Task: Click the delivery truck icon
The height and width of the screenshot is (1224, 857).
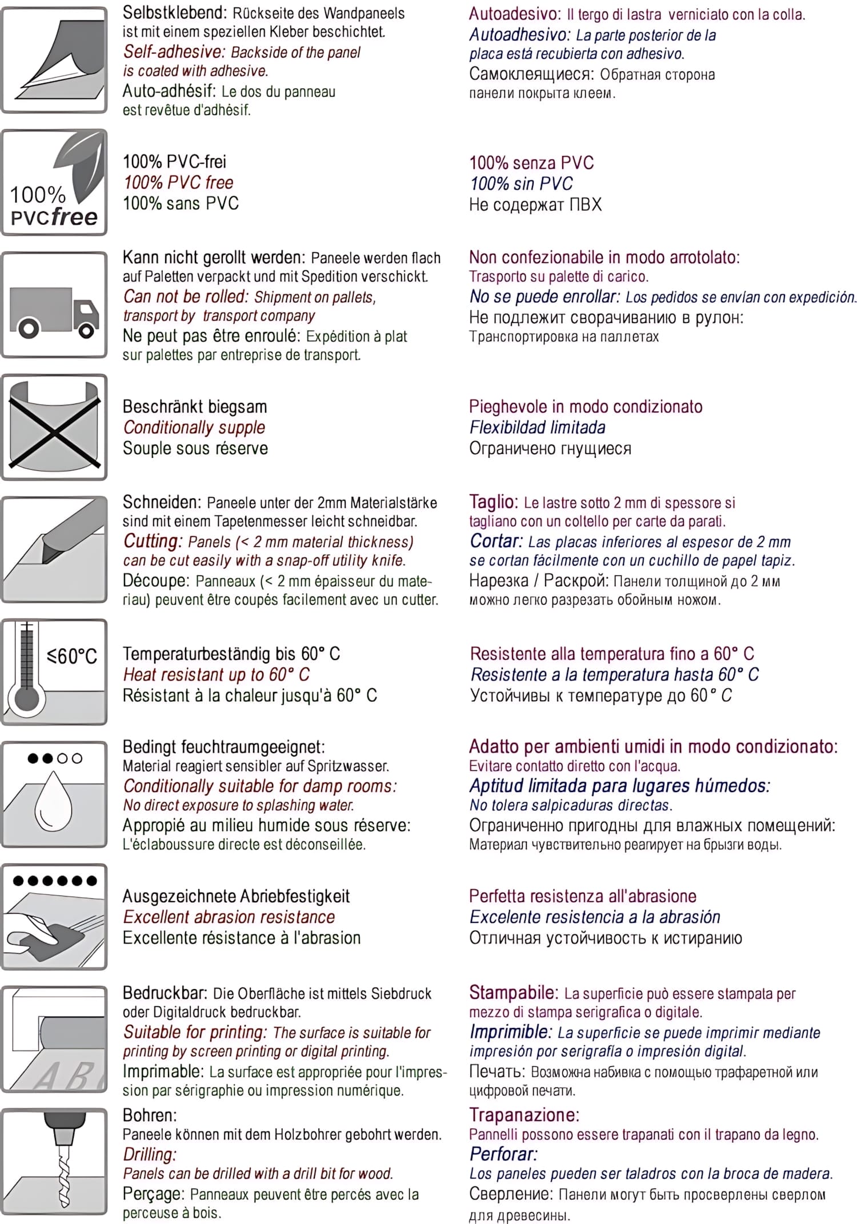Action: pos(54,311)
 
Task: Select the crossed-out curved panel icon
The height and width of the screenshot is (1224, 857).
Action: pos(54,426)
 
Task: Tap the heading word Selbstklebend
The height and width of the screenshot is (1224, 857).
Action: pos(174,13)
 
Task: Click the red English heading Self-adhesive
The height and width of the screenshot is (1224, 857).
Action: pos(174,52)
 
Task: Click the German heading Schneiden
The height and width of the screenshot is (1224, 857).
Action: pos(162,502)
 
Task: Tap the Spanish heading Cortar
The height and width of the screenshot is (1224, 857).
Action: pos(496,541)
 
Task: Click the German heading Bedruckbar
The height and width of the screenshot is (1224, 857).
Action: pos(166,993)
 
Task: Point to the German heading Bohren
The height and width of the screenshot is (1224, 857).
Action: pos(150,1115)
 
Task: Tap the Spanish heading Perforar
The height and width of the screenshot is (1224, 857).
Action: pos(503,1154)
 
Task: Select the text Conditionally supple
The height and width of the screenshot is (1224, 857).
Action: pos(194,427)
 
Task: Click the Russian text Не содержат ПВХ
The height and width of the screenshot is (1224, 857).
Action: pos(535,205)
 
